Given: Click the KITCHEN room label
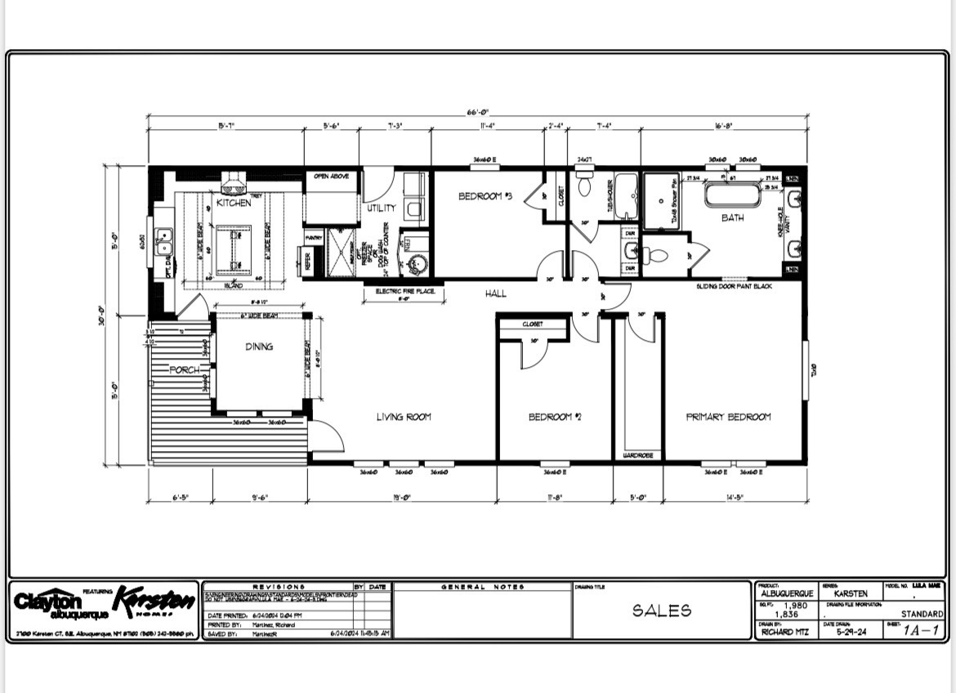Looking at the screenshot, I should click(x=234, y=203).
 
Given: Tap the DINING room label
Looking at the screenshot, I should click(x=259, y=346).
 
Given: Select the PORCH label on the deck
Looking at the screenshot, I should click(x=184, y=370).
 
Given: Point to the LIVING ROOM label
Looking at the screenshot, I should click(x=403, y=417).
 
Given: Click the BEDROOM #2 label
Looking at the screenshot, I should click(x=554, y=417).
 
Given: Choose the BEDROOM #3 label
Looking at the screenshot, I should click(x=485, y=196).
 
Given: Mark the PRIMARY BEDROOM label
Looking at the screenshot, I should click(x=727, y=417).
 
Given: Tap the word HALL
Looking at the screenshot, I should click(x=495, y=293).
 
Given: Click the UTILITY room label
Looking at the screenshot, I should click(x=381, y=208).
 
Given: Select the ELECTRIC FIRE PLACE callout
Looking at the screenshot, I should click(x=405, y=291).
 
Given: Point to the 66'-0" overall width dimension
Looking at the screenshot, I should click(x=478, y=112).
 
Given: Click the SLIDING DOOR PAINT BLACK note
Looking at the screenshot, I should click(x=734, y=287).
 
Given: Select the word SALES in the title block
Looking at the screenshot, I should click(x=661, y=610).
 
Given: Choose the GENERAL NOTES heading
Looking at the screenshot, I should click(x=482, y=587).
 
